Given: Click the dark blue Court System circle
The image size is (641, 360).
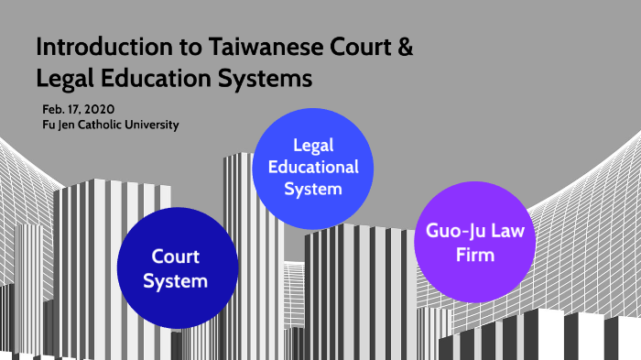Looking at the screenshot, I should [177, 267].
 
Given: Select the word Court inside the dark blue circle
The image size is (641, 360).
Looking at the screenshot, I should [177, 256].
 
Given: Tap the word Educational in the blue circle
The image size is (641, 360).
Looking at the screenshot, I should [312, 168].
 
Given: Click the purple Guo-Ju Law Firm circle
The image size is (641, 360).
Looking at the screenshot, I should [474, 242].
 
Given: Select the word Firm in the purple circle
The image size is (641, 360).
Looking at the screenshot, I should [474, 254].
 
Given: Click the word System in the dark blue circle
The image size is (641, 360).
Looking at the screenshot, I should [177, 279].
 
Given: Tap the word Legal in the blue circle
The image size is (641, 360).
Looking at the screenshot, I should [312, 147].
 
